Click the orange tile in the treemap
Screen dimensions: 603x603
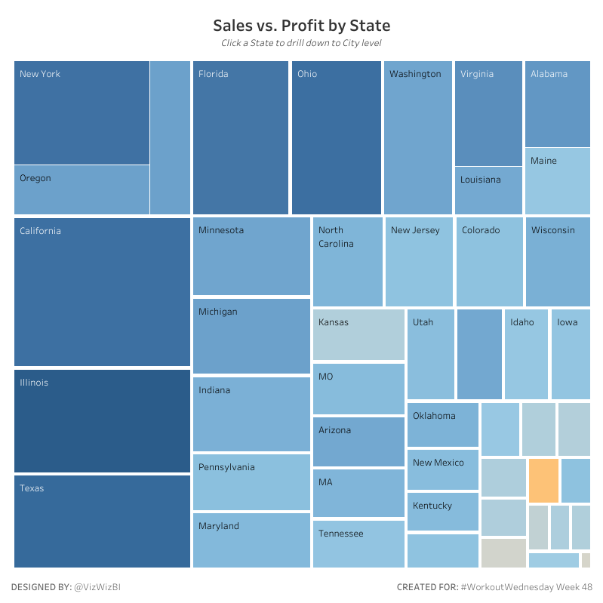pyautogui.click(x=543, y=481)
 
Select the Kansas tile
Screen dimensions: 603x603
pyautogui.click(x=358, y=334)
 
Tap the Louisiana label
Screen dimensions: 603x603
pyautogui.click(x=480, y=180)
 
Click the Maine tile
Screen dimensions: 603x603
pyautogui.click(x=557, y=181)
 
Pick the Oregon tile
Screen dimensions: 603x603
pyautogui.click(x=82, y=189)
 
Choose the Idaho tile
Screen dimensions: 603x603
pyautogui.click(x=526, y=354)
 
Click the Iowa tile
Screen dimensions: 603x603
pyautogui.click(x=571, y=354)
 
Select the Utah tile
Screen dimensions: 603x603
pyautogui.click(x=431, y=354)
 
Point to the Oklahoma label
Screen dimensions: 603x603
pyautogui.click(x=434, y=416)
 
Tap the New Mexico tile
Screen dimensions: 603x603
pyautogui.click(x=443, y=469)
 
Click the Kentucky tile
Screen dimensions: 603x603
pyautogui.click(x=443, y=512)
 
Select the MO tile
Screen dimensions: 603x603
pyautogui.click(x=358, y=389)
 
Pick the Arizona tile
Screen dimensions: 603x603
pyautogui.click(x=358, y=441)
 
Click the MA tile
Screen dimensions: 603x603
pyautogui.click(x=358, y=493)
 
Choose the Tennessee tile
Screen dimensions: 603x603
pyautogui.click(x=358, y=544)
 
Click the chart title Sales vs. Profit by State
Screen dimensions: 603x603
pyautogui.click(x=301, y=26)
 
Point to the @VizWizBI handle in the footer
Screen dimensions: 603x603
pyautogui.click(x=100, y=586)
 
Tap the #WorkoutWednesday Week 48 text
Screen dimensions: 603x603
pyautogui.click(x=526, y=586)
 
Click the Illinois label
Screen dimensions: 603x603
pyautogui.click(x=34, y=383)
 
